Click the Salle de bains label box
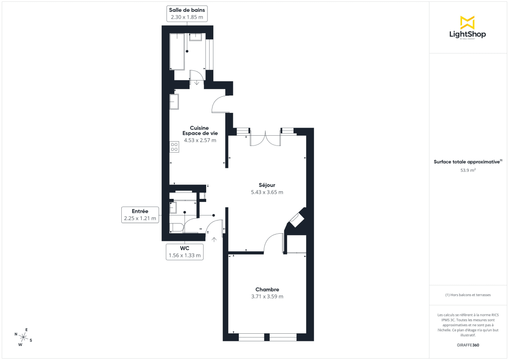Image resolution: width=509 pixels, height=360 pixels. pos(187,14)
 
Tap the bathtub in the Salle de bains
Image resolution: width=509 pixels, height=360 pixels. pos(177,52)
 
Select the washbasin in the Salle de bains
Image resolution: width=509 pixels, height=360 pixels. pos(196,37)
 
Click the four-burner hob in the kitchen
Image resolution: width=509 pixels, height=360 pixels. pos(174,147)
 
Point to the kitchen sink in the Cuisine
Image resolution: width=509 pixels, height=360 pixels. pos(174,101)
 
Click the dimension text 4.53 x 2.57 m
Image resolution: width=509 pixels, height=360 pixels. pos(200,140)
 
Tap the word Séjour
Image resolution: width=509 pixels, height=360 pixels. pos(267,185)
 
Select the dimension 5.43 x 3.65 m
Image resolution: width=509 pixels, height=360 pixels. pos(267,192)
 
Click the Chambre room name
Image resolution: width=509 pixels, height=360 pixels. pos(267,290)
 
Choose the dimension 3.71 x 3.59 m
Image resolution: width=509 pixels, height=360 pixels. pos(267,297)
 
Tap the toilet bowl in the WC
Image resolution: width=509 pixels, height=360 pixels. pos(176,228)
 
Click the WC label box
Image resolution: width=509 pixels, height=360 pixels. pos(185,251)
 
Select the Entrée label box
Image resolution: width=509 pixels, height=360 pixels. pos(140,215)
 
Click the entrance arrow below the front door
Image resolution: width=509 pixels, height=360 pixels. pos(214,240)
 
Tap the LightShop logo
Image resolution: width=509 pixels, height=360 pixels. pos(467,28)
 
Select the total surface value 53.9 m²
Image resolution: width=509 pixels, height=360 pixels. pos(467,170)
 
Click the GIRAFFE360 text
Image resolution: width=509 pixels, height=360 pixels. pos(467,345)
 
